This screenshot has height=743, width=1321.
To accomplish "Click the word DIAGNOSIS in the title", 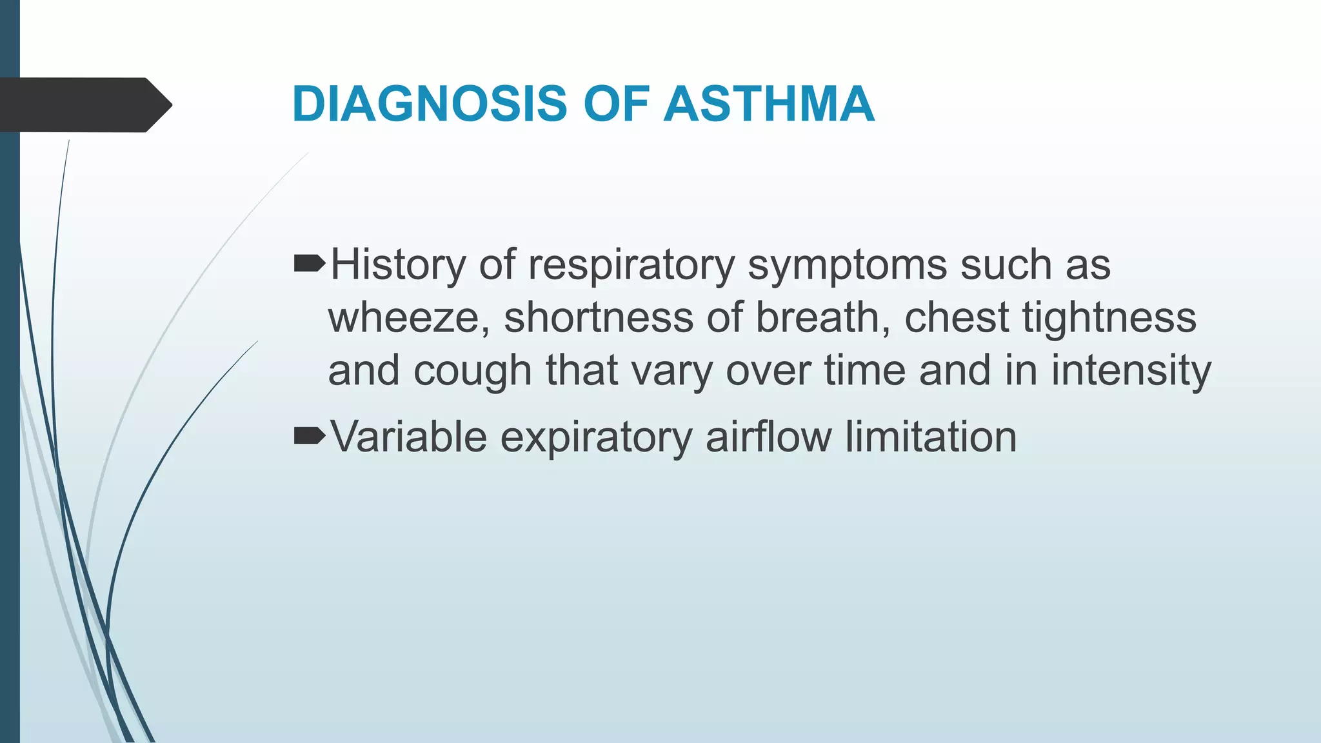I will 429,104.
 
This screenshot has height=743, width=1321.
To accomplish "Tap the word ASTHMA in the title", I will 769,104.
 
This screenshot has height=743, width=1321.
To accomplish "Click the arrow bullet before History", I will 309,264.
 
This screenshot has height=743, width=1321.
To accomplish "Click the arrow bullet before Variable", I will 309,437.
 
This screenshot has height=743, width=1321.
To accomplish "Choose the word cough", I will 472,372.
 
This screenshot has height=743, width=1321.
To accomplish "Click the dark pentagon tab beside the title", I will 84,105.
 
